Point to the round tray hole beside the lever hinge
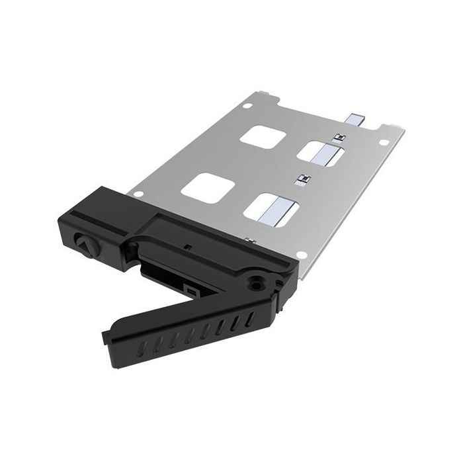coord(299,254)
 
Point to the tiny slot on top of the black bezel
coord(187,248)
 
